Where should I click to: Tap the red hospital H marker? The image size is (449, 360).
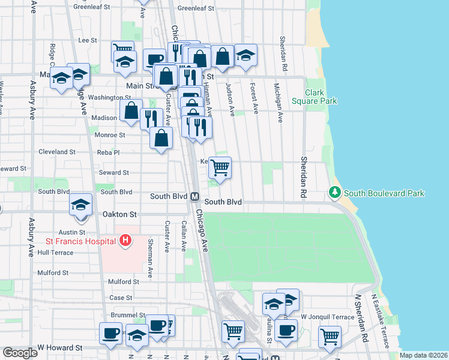point(125,241)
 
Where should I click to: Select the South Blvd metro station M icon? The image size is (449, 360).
point(195,196)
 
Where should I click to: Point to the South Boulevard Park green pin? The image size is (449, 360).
point(334,193)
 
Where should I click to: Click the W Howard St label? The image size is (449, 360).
point(59,347)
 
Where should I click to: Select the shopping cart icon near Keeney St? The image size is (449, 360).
point(220,167)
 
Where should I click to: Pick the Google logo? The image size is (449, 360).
point(20,353)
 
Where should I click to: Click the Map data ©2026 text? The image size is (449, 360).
point(424,355)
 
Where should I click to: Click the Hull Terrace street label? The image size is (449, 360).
point(55,253)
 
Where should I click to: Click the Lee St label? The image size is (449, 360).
point(88,40)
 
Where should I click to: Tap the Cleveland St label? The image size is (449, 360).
point(56,152)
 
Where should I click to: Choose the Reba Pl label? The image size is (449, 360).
point(109,152)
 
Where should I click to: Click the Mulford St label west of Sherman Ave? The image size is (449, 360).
point(123,281)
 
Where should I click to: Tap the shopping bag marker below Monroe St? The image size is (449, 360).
point(161,139)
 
